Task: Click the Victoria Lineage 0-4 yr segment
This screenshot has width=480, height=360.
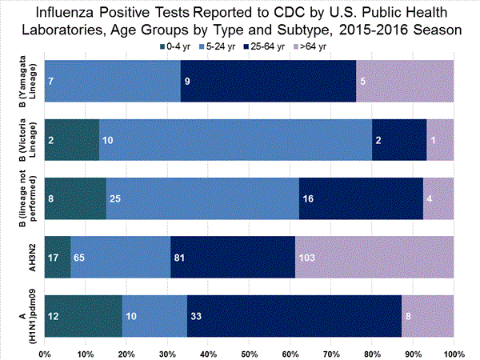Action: pyautogui.click(x=72, y=138)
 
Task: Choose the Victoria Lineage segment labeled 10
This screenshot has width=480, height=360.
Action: pyautogui.click(x=236, y=138)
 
